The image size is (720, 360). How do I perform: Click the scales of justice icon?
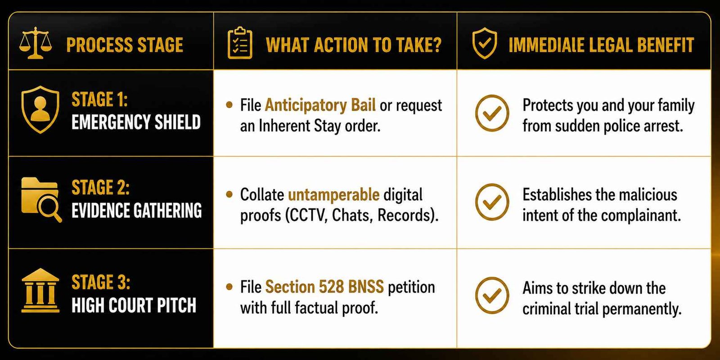(35, 43)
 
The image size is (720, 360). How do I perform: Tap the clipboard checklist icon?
(240, 43)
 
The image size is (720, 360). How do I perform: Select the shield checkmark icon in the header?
(484, 43)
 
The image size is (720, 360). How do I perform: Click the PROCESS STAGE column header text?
(125, 45)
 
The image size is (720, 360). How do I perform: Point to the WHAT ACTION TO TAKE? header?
(354, 45)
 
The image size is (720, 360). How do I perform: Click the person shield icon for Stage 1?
(40, 109)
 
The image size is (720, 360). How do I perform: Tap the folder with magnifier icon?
(41, 200)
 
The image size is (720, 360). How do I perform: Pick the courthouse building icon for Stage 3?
(40, 290)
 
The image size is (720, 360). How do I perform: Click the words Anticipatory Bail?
(320, 105)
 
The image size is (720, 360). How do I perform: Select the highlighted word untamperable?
(333, 194)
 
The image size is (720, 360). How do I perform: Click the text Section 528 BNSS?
(324, 287)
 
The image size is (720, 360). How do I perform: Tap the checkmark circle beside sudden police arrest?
(492, 113)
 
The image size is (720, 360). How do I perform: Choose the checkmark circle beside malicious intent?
(492, 202)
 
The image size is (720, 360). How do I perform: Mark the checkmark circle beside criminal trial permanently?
(492, 295)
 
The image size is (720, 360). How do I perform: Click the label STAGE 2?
(101, 187)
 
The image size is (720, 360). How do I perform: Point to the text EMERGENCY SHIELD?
(136, 122)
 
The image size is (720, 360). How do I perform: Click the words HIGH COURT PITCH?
(134, 305)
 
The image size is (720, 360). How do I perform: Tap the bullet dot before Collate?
(229, 194)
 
